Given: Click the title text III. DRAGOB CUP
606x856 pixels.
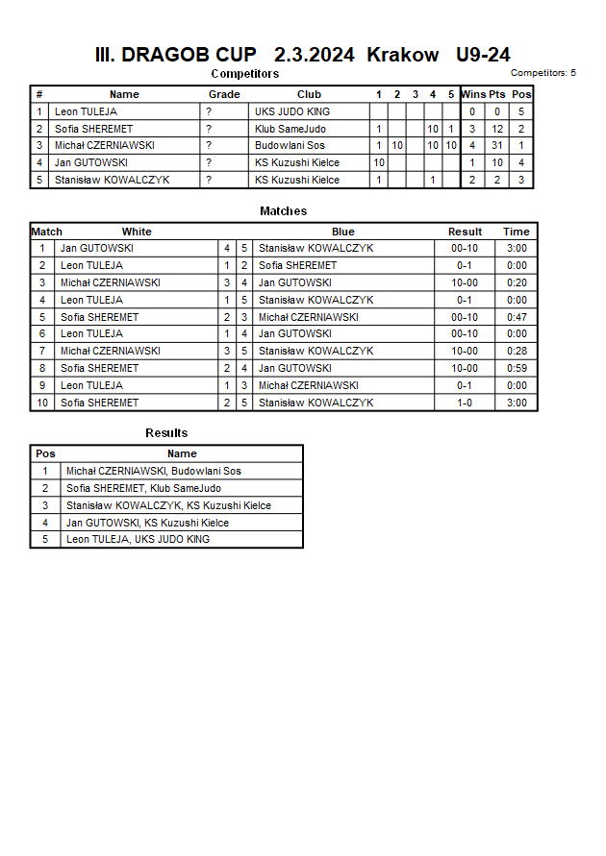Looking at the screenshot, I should point(175,55).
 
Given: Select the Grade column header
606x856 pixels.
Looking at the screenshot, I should point(224,94).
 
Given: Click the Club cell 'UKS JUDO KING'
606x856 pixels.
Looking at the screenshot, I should point(292,111).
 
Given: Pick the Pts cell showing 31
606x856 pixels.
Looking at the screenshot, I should point(496,146).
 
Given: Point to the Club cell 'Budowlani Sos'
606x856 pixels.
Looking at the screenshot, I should point(290,146).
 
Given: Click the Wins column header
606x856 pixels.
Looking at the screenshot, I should point(473,94).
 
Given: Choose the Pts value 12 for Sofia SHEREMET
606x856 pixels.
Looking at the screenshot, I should point(496,129).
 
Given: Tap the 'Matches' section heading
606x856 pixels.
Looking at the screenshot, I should point(284,210).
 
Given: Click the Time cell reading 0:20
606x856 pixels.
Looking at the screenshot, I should point(517,282).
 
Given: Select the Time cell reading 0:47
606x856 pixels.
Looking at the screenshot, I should point(517,317).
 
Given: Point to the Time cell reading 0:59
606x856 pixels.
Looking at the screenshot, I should point(517,368).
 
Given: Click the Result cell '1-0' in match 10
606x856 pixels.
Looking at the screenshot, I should point(465,403).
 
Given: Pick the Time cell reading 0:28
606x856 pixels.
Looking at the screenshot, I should point(517,352).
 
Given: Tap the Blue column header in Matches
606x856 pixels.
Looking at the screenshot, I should point(343,232).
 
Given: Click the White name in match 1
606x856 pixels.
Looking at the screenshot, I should point(96,248).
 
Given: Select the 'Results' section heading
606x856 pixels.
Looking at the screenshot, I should point(166,432).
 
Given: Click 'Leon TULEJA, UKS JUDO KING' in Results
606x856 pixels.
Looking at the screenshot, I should point(138,539).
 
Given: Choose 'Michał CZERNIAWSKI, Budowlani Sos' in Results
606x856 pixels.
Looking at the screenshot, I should point(153,471).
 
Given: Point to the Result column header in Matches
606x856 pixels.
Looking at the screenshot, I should point(466,232).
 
